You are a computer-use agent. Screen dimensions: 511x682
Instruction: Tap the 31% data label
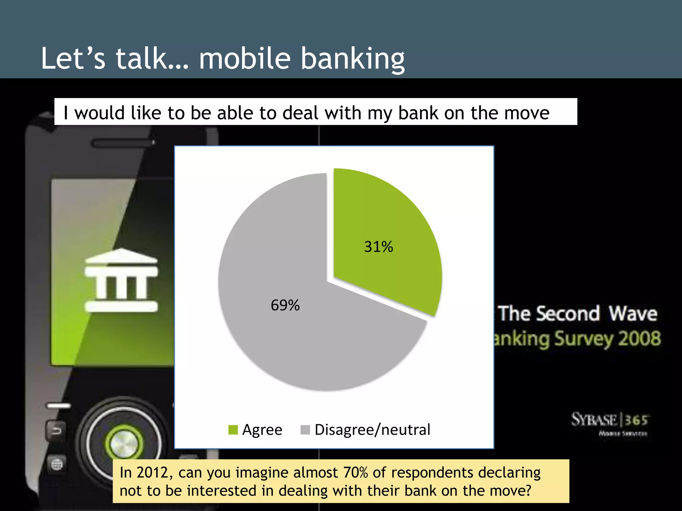click(379, 247)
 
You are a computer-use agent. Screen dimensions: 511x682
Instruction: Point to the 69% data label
click(285, 305)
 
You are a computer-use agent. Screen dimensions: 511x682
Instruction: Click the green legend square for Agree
click(233, 430)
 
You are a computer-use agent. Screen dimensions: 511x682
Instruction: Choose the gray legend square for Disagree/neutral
click(305, 430)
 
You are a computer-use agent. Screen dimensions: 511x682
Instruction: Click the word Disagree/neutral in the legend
click(372, 430)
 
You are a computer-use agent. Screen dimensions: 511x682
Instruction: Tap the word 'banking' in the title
click(353, 59)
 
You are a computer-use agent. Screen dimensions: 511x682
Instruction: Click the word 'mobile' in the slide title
click(245, 59)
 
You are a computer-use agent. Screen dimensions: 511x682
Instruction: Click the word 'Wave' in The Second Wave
click(633, 313)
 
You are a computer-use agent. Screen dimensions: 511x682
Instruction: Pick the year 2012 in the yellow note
click(152, 473)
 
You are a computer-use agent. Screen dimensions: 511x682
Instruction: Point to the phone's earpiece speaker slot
click(123, 143)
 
